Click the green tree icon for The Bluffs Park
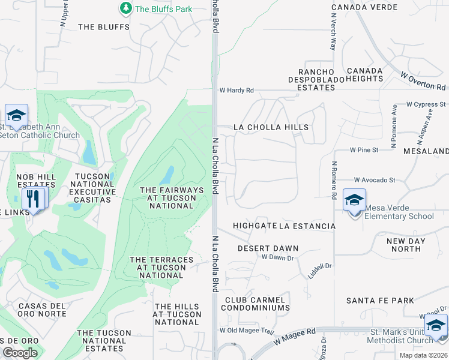126,8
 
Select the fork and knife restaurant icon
34,198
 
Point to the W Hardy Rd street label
237,91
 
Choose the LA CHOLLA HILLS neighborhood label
271,127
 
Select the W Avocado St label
375,179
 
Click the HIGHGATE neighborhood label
255,226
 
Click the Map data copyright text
423,355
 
